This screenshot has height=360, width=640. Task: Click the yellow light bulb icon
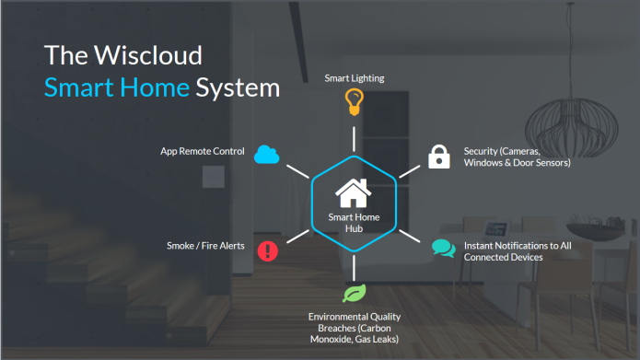pos(354,101)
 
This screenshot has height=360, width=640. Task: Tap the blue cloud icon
pos(267,154)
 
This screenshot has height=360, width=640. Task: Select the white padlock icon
pos(439,157)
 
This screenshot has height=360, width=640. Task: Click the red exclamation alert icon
pos(267,250)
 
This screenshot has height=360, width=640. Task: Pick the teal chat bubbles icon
pos(444,249)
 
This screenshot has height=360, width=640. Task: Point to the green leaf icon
pos(353,294)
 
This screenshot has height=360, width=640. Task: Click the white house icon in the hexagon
pos(353,193)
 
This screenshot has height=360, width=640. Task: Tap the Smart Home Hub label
pos(354,223)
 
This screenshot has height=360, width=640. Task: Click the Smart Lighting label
pos(354,79)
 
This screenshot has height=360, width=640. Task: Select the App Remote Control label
pos(203,152)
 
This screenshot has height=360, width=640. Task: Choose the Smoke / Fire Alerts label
pos(205,246)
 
